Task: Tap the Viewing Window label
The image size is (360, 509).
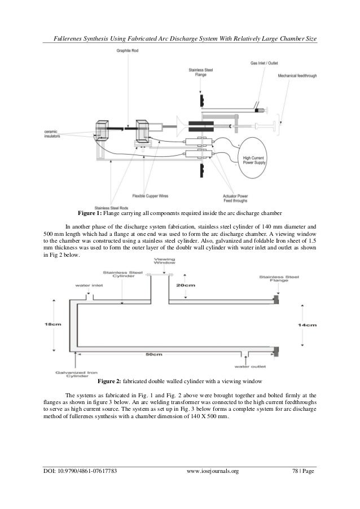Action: click(x=161, y=262)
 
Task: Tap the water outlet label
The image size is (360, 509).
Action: click(x=255, y=366)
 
